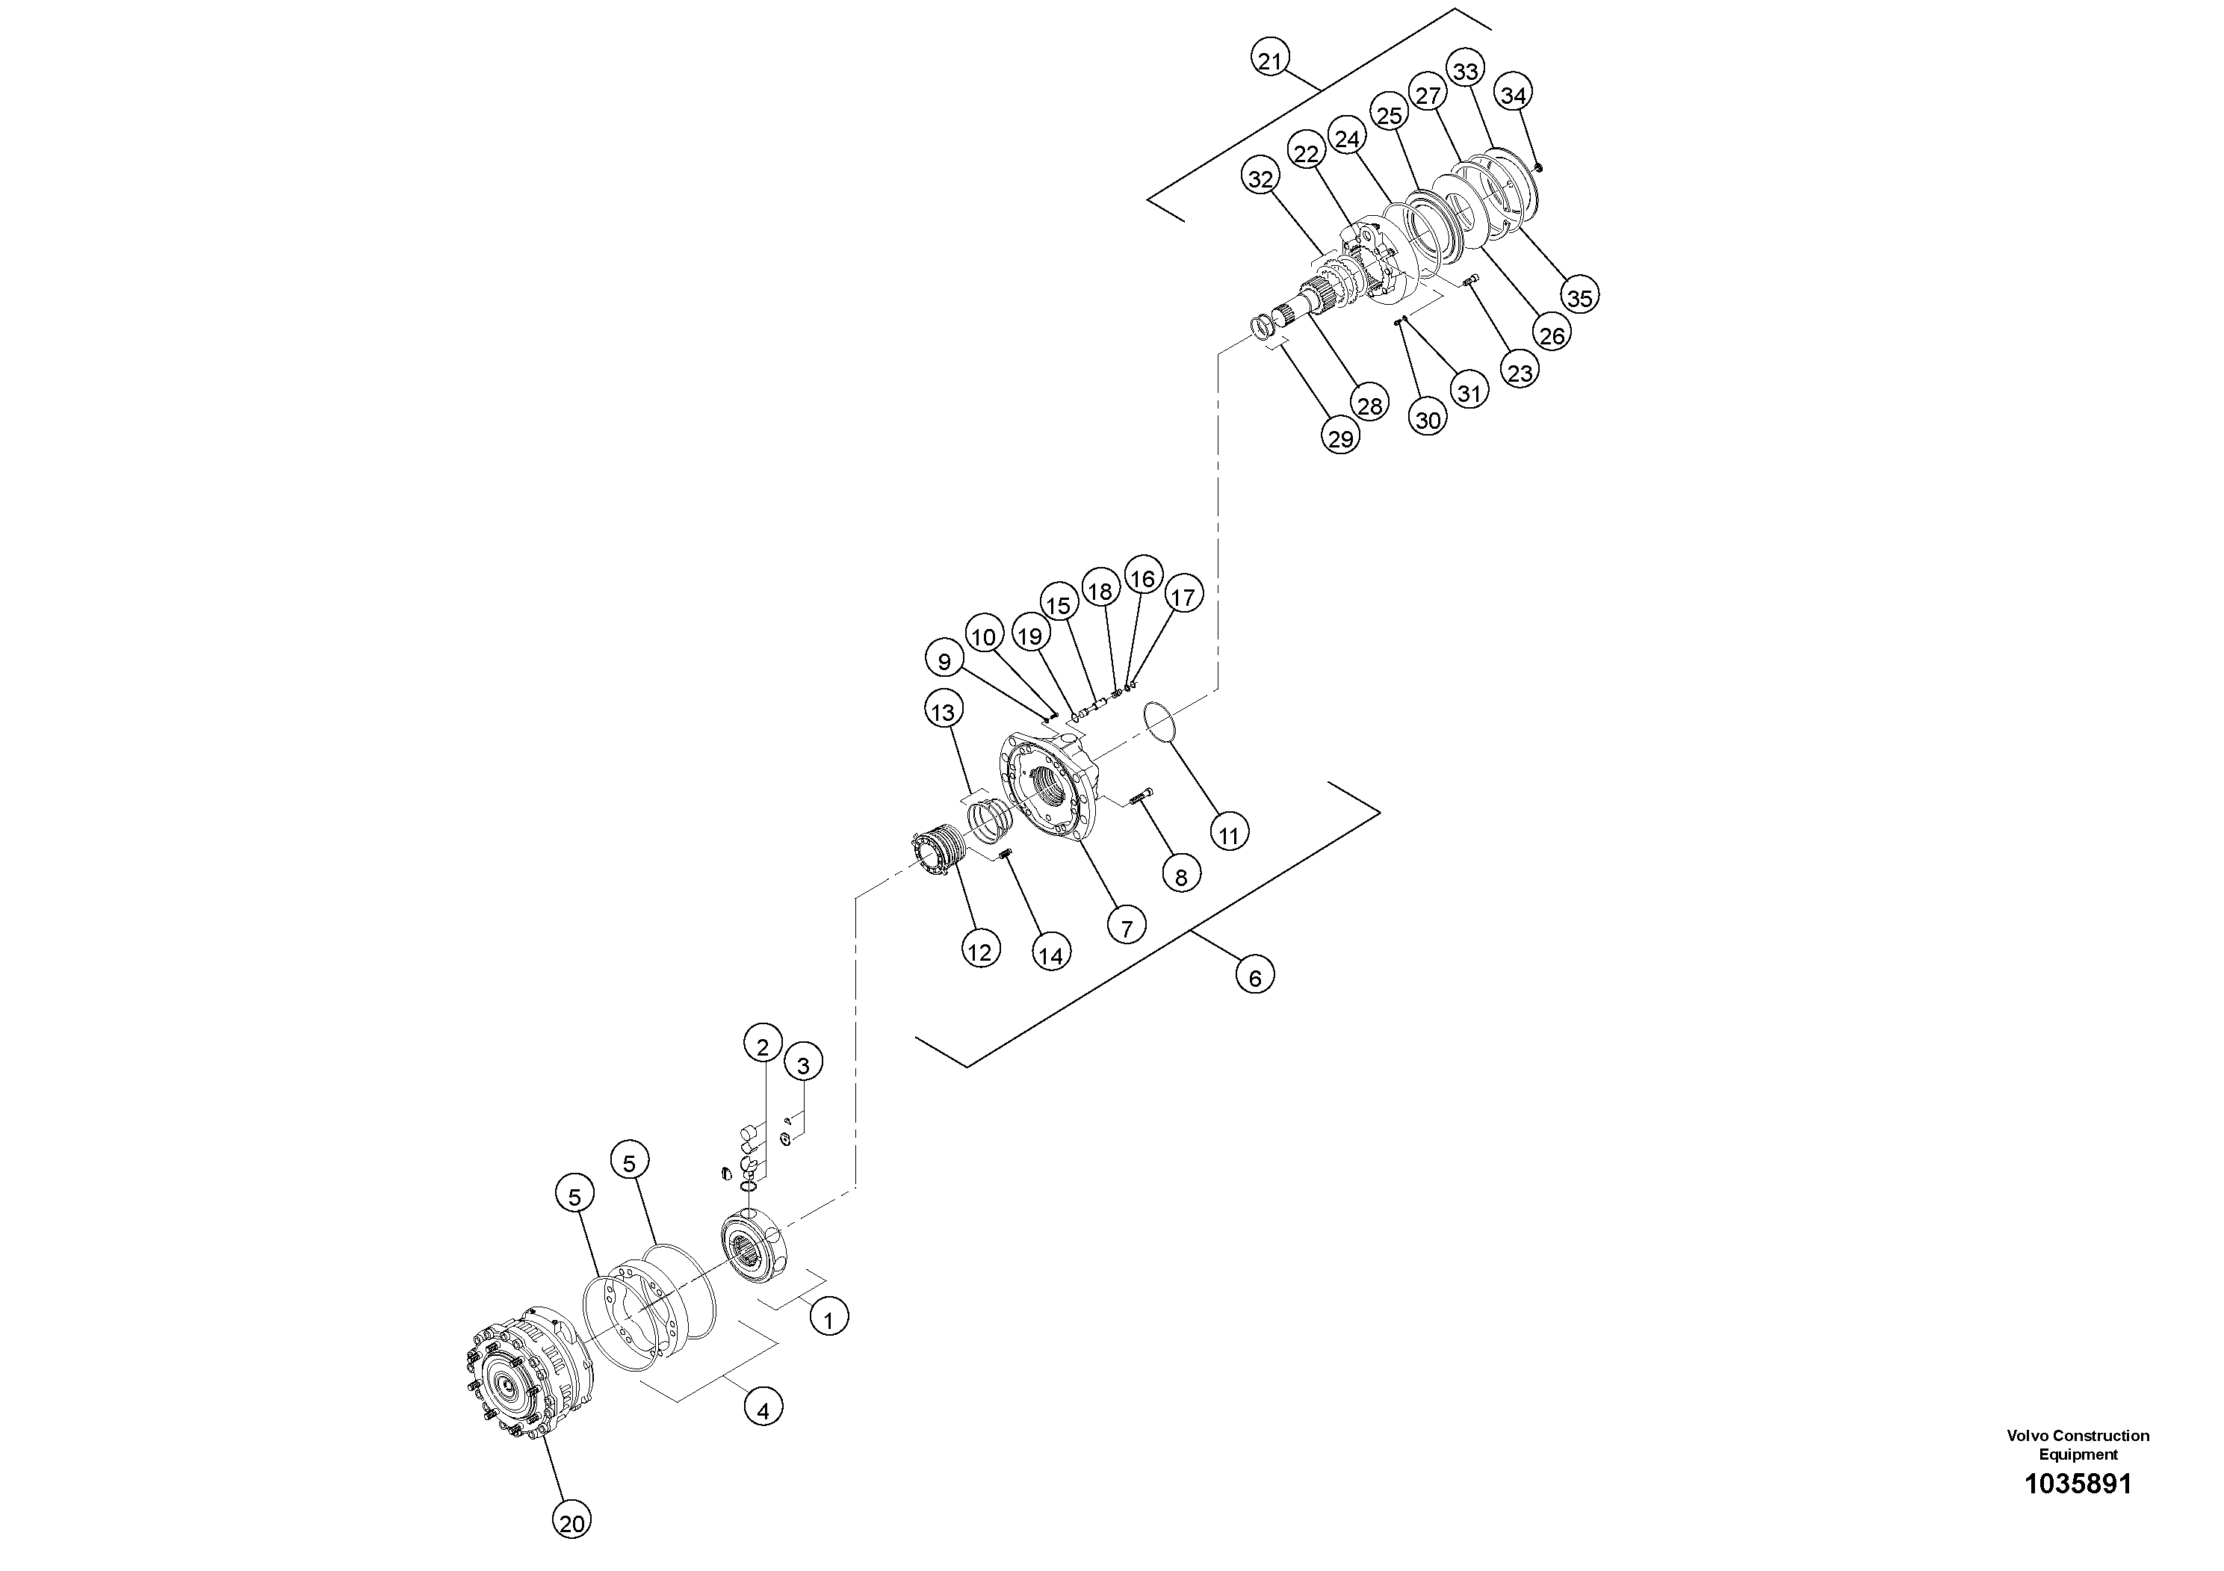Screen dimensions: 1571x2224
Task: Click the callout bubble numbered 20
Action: click(572, 1523)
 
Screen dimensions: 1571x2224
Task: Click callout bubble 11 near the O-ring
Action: click(1228, 835)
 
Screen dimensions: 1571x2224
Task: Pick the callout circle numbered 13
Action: click(943, 712)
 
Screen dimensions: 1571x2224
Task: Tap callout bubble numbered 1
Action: click(828, 1319)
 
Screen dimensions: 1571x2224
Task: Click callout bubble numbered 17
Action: click(1183, 595)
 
